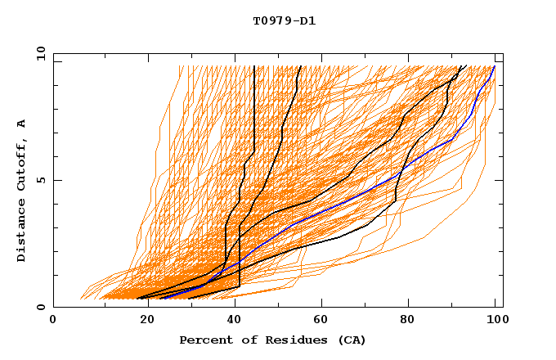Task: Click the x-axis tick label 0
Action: coord(53,321)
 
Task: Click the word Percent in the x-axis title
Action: coord(204,340)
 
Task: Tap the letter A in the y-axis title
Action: coord(22,124)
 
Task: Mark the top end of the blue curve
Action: coord(494,66)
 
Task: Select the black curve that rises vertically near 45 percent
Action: coord(254,106)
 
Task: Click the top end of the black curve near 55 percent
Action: coord(300,66)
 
